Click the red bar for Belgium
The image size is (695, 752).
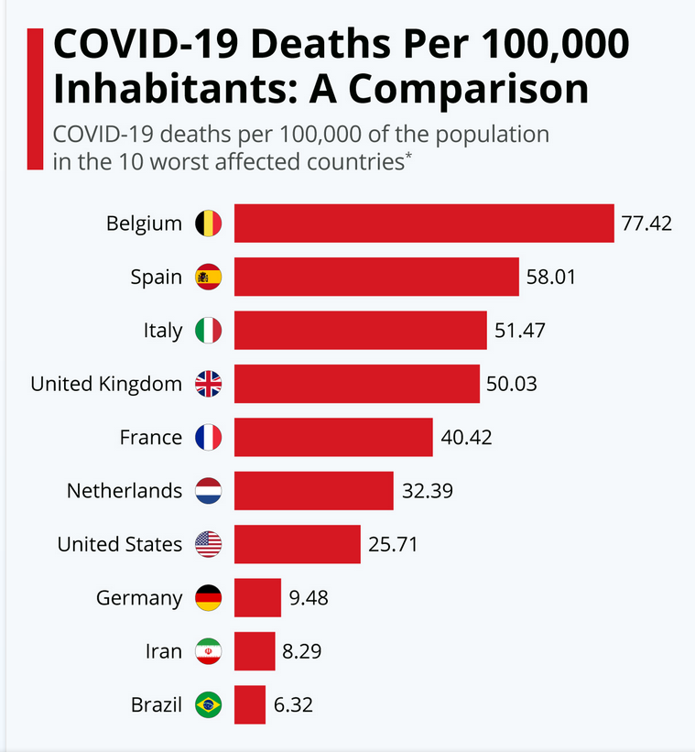pyautogui.click(x=424, y=223)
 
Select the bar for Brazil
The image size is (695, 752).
pyautogui.click(x=250, y=705)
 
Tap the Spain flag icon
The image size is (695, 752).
pyautogui.click(x=209, y=277)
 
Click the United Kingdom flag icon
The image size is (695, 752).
pyautogui.click(x=209, y=384)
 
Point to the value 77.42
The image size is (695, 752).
pyautogui.click(x=646, y=223)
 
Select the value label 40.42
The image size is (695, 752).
pyautogui.click(x=466, y=438)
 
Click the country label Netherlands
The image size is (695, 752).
pyautogui.click(x=125, y=491)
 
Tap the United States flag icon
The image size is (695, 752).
pyautogui.click(x=209, y=545)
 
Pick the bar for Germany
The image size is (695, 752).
pyautogui.click(x=257, y=598)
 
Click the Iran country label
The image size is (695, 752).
pyautogui.click(x=164, y=652)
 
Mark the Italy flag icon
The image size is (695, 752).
pyautogui.click(x=209, y=331)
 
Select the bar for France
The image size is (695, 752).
pyautogui.click(x=333, y=438)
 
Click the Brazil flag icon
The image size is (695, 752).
pyautogui.click(x=209, y=705)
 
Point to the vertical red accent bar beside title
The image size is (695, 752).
pyautogui.click(x=36, y=99)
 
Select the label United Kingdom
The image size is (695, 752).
pyautogui.click(x=106, y=384)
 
